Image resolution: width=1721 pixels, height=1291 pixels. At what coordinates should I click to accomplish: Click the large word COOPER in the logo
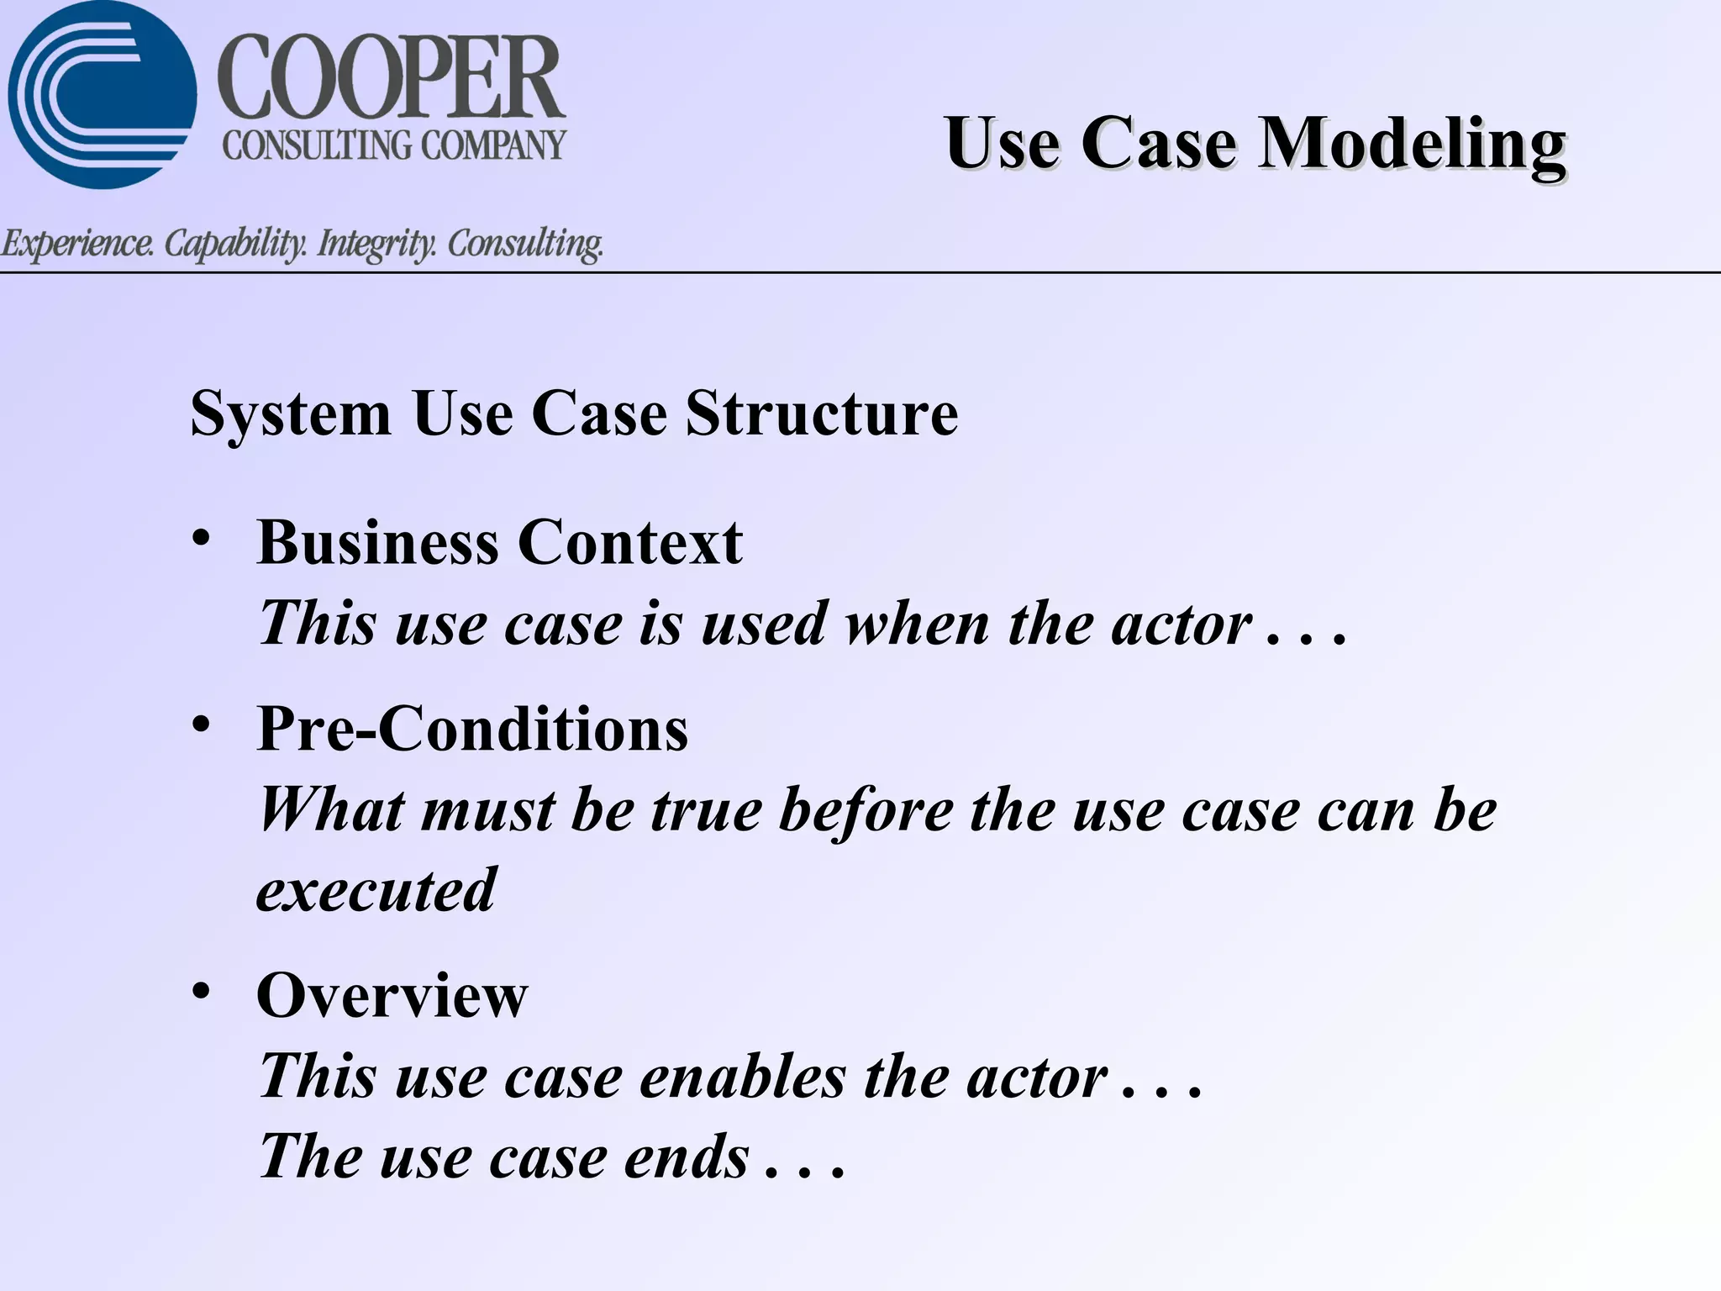(x=392, y=79)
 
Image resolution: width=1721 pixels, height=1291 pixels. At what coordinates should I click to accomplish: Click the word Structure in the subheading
(x=821, y=414)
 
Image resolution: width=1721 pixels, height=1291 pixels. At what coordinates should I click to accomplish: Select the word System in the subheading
(x=291, y=414)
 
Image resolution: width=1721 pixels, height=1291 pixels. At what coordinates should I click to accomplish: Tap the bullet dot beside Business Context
(x=200, y=538)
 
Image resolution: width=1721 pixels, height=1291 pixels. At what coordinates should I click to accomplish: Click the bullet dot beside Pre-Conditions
(x=200, y=724)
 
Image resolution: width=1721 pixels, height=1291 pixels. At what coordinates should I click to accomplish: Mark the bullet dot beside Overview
(x=200, y=991)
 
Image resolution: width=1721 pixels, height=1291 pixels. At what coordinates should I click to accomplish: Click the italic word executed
(x=376, y=890)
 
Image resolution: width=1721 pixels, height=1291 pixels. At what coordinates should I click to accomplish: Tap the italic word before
(x=866, y=810)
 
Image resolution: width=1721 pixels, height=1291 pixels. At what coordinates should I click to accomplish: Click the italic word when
(x=917, y=624)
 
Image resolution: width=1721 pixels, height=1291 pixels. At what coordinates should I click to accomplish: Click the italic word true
(x=706, y=810)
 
